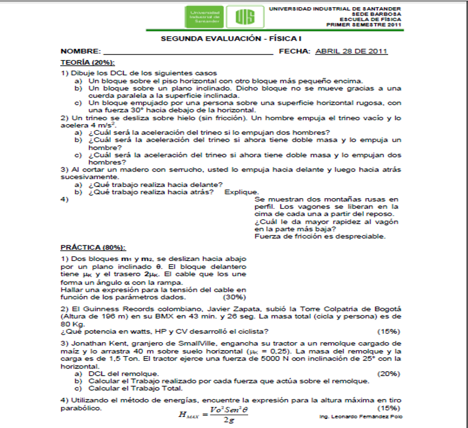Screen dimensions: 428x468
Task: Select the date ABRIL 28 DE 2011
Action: point(351,51)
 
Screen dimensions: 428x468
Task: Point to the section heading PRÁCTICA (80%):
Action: point(93,247)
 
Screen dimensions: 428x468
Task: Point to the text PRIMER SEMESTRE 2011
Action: point(363,25)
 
